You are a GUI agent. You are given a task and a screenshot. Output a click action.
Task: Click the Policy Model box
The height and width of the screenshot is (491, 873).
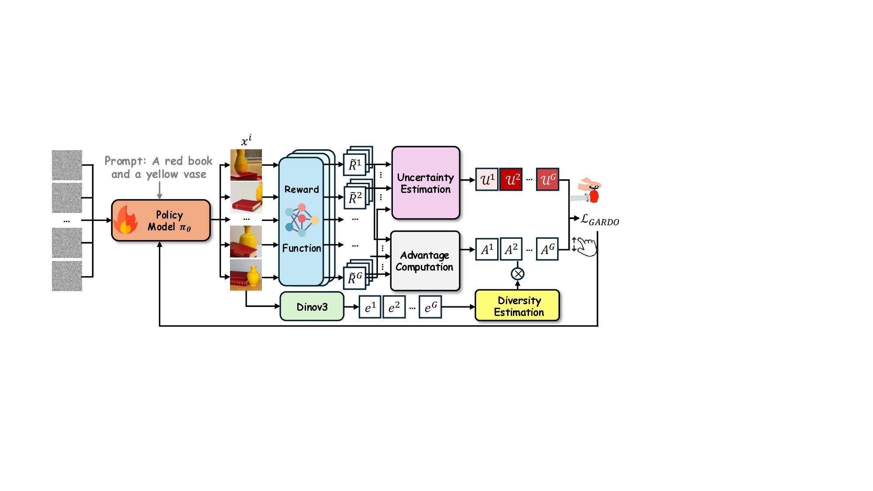coord(161,220)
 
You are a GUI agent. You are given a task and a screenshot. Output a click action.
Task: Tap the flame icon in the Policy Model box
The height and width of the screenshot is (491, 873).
coord(126,220)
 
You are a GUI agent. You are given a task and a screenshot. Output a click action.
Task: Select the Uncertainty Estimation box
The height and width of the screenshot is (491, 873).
coord(426,183)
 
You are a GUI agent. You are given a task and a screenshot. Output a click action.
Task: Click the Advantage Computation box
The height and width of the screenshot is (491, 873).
coord(425,261)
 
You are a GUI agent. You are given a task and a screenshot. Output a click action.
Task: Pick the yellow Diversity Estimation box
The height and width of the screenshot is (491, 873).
coord(517,306)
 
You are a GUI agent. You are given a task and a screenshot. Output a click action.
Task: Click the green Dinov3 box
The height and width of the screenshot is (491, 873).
coord(312,307)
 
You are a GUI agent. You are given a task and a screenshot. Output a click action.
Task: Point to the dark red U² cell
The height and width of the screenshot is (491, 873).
coord(511,179)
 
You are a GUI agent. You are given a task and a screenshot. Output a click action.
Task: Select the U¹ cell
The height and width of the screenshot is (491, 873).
coord(487,179)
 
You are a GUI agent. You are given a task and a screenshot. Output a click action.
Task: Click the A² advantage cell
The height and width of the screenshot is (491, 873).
coord(511,249)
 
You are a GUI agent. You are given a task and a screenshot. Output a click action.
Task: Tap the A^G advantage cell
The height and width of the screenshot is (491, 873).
coord(547,249)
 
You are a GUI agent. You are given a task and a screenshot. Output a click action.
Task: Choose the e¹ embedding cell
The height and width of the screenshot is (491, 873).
coord(370,307)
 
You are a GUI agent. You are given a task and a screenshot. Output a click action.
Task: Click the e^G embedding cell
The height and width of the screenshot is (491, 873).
coord(430,307)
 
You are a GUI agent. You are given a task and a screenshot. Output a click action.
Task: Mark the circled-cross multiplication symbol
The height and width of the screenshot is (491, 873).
coord(518,274)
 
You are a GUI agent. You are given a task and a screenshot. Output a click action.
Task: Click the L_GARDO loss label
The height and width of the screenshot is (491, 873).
coord(600,220)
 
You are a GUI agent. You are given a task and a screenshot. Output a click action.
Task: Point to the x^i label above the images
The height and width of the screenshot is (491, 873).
coord(246,141)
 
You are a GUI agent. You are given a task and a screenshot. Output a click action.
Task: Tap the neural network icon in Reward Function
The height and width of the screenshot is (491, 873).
coord(301,220)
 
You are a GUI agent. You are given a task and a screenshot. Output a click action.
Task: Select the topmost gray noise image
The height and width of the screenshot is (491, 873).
coord(67,165)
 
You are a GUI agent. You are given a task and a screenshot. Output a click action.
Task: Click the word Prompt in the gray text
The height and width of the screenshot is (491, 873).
coord(125,161)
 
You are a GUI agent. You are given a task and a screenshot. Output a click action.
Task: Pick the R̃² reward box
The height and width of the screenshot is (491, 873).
coord(355,198)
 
